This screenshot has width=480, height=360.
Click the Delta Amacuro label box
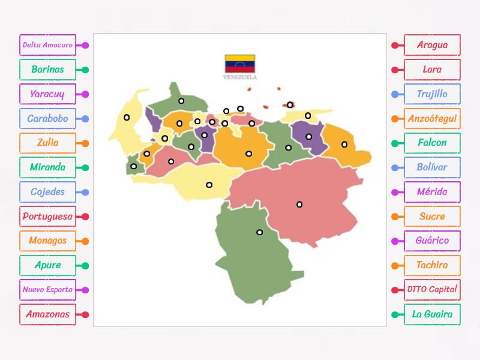(x=47, y=45)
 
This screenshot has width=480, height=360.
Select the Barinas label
(x=47, y=70)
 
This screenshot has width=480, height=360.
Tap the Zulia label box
(x=47, y=143)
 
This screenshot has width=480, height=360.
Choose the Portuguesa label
(x=47, y=217)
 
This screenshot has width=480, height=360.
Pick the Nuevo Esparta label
(x=47, y=290)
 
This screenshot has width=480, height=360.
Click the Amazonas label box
(x=47, y=314)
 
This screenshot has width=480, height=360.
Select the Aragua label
(x=432, y=45)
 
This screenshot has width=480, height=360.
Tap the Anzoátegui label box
(x=432, y=119)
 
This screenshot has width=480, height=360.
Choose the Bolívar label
(x=432, y=167)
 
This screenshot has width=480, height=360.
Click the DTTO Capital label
(x=432, y=290)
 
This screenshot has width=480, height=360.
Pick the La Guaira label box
(x=432, y=314)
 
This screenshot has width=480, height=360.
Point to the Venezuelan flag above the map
(x=240, y=64)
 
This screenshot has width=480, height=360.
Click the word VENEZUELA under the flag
(x=240, y=77)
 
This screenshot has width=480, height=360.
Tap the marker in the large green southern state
(x=260, y=232)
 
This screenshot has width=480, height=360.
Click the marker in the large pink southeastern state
(x=299, y=205)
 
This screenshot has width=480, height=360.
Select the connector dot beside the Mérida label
(x=395, y=193)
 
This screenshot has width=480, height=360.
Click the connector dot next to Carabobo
(x=85, y=119)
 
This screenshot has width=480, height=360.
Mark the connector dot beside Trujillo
(x=395, y=94)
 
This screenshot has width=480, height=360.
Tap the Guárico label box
(x=432, y=241)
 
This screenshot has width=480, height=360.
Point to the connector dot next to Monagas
(x=85, y=241)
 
